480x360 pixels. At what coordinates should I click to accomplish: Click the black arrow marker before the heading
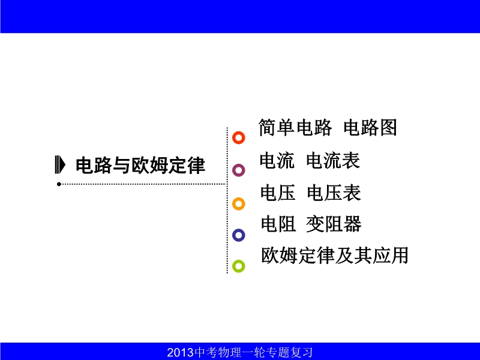[x=61, y=164]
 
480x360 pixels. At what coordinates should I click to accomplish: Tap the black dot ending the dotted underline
[x=59, y=184]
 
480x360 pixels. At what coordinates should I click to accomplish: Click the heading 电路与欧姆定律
[x=140, y=166]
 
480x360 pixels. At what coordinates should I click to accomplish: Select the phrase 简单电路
[x=295, y=127]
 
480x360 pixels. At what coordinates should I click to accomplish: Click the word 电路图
[x=370, y=127]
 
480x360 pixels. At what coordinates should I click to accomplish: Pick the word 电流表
[x=333, y=160]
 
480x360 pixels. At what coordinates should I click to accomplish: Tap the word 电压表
[x=334, y=193]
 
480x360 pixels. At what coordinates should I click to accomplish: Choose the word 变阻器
[x=334, y=224]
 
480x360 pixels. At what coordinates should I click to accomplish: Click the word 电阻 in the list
[x=278, y=224]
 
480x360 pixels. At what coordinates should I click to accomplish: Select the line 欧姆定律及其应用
[x=335, y=256]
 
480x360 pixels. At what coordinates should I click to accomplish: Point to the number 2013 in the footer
[x=181, y=352]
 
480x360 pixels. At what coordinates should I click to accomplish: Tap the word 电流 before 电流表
[x=277, y=160]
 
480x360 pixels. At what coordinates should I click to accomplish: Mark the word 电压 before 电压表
[x=278, y=193]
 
